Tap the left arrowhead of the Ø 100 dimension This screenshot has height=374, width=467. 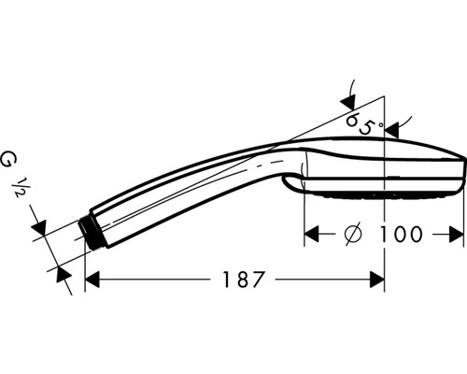[x=313, y=233]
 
